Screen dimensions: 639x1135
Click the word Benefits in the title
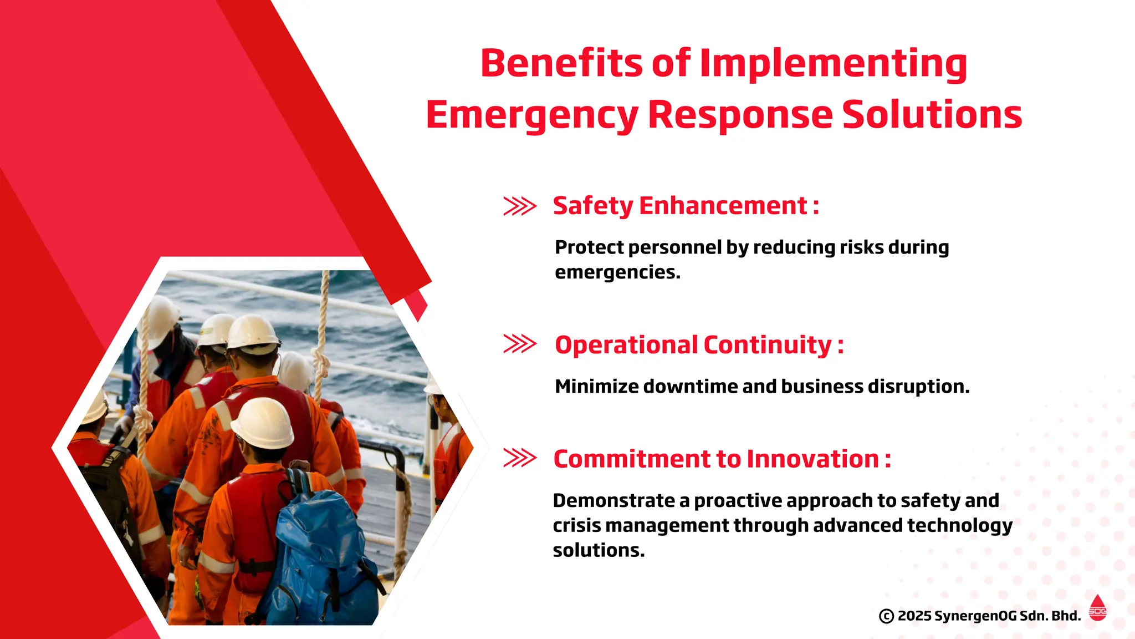point(561,63)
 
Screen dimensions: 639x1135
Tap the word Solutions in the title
point(932,114)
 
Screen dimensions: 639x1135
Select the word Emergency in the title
point(532,114)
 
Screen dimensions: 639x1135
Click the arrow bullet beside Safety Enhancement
point(519,206)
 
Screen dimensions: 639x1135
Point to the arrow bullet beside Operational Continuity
point(519,344)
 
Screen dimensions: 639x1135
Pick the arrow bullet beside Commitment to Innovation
point(519,458)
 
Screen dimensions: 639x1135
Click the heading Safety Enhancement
point(686,206)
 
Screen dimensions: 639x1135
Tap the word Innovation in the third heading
point(812,459)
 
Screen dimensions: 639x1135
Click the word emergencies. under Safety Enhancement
point(617,272)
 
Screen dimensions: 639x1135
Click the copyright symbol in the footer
point(886,616)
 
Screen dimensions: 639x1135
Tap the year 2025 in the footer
point(914,616)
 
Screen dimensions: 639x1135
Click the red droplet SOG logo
point(1097,608)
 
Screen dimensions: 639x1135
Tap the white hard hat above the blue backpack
point(263,423)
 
